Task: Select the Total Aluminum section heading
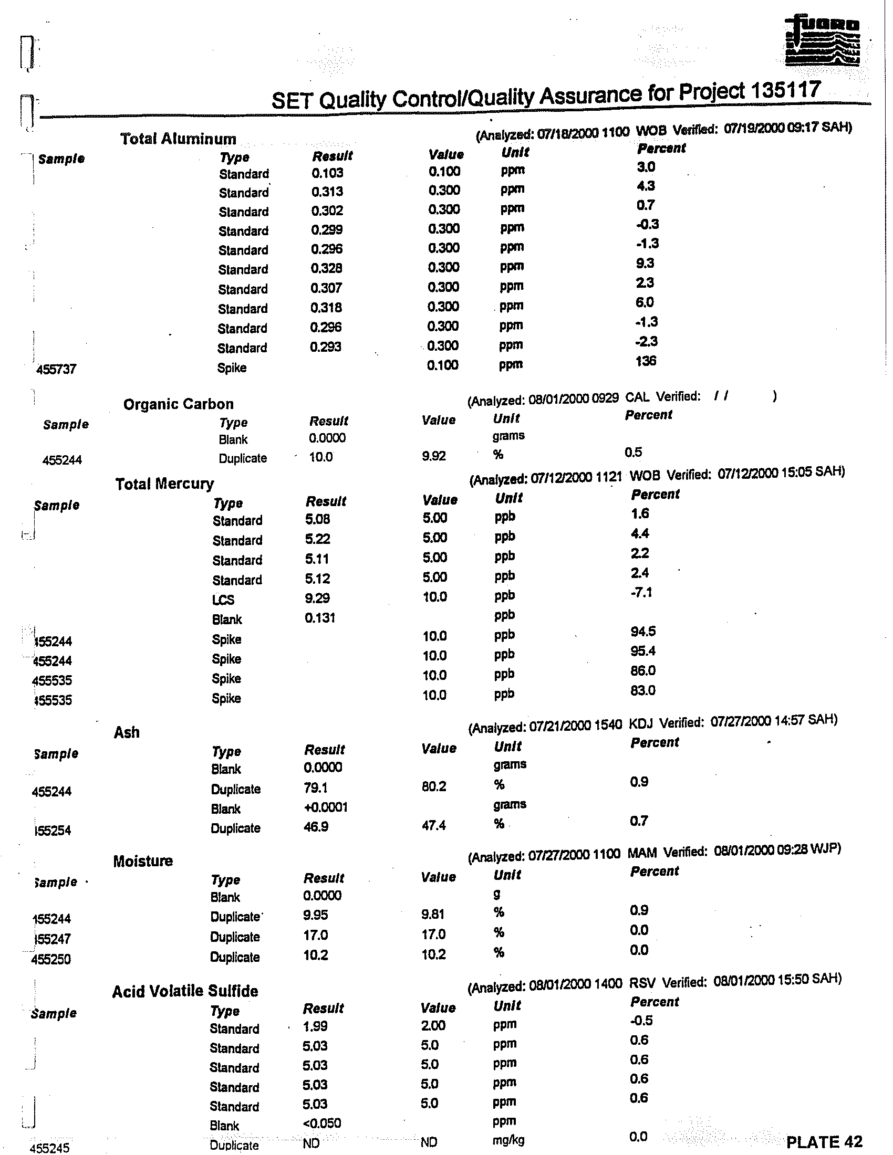click(x=178, y=139)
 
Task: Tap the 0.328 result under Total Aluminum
click(x=326, y=268)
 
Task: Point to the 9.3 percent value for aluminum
click(x=646, y=264)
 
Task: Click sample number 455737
click(x=56, y=369)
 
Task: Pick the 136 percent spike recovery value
click(x=646, y=361)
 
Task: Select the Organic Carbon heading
click(x=178, y=405)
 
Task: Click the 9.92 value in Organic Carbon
click(x=434, y=456)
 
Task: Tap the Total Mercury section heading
click(x=164, y=484)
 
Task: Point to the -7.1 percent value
click(x=641, y=592)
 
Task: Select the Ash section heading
click(x=127, y=732)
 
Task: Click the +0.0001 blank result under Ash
click(x=325, y=807)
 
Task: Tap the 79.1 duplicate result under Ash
click(x=316, y=788)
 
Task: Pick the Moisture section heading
click(x=143, y=862)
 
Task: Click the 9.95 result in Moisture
click(x=316, y=915)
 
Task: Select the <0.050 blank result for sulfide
click(x=321, y=1123)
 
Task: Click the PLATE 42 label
click(x=824, y=1142)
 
